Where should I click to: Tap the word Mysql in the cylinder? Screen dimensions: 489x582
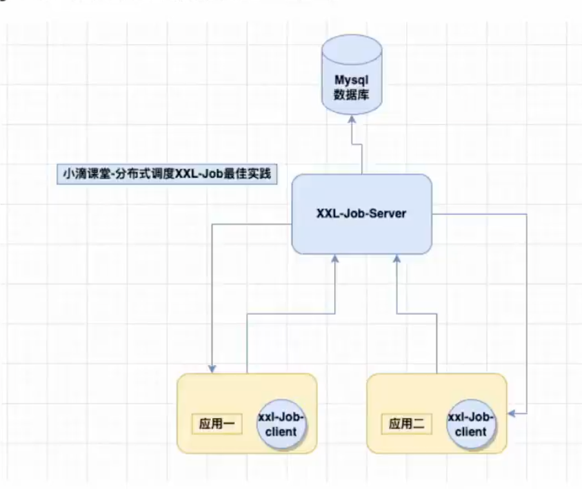pos(352,81)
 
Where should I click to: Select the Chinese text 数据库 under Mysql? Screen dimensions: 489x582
pos(352,94)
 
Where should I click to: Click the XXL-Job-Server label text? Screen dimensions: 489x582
pos(361,214)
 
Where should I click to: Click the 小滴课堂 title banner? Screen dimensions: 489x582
pos(165,175)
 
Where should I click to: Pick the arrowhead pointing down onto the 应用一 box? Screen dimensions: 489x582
pos(213,368)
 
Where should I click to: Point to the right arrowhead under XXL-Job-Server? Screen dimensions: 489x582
pos(396,259)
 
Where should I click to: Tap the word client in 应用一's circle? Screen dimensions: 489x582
pos(281,432)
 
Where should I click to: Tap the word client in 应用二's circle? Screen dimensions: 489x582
pos(472,432)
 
